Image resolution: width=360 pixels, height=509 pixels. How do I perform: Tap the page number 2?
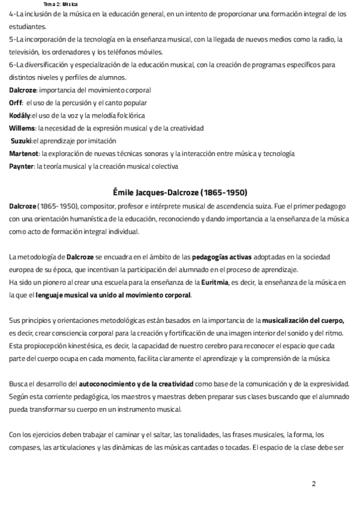click(x=313, y=483)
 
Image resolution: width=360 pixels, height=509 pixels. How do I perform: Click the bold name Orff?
click(x=16, y=103)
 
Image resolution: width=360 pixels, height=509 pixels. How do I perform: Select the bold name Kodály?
click(x=20, y=115)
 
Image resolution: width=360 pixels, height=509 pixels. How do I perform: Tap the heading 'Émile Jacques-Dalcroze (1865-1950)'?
click(x=181, y=192)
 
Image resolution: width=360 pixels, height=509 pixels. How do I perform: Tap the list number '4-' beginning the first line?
click(x=13, y=14)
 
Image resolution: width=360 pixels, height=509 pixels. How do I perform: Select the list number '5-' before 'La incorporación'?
click(x=13, y=39)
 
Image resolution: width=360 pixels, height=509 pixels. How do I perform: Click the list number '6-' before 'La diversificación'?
click(x=13, y=65)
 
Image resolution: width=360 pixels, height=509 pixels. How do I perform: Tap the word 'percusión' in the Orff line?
click(x=82, y=103)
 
